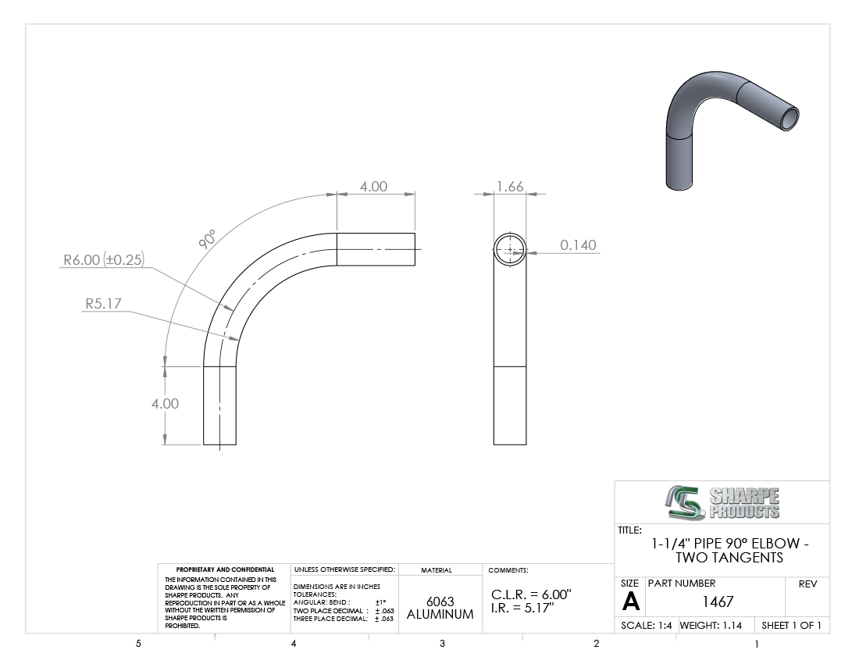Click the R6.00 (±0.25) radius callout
coord(104,259)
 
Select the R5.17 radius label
coord(104,304)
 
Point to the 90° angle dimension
coord(206,239)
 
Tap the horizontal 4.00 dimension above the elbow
coord(373,186)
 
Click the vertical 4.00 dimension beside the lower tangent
coord(165,404)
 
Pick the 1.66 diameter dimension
coord(510,186)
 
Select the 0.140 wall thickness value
coord(578,245)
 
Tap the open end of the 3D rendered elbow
coord(789,118)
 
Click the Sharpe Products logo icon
coord(685,502)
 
